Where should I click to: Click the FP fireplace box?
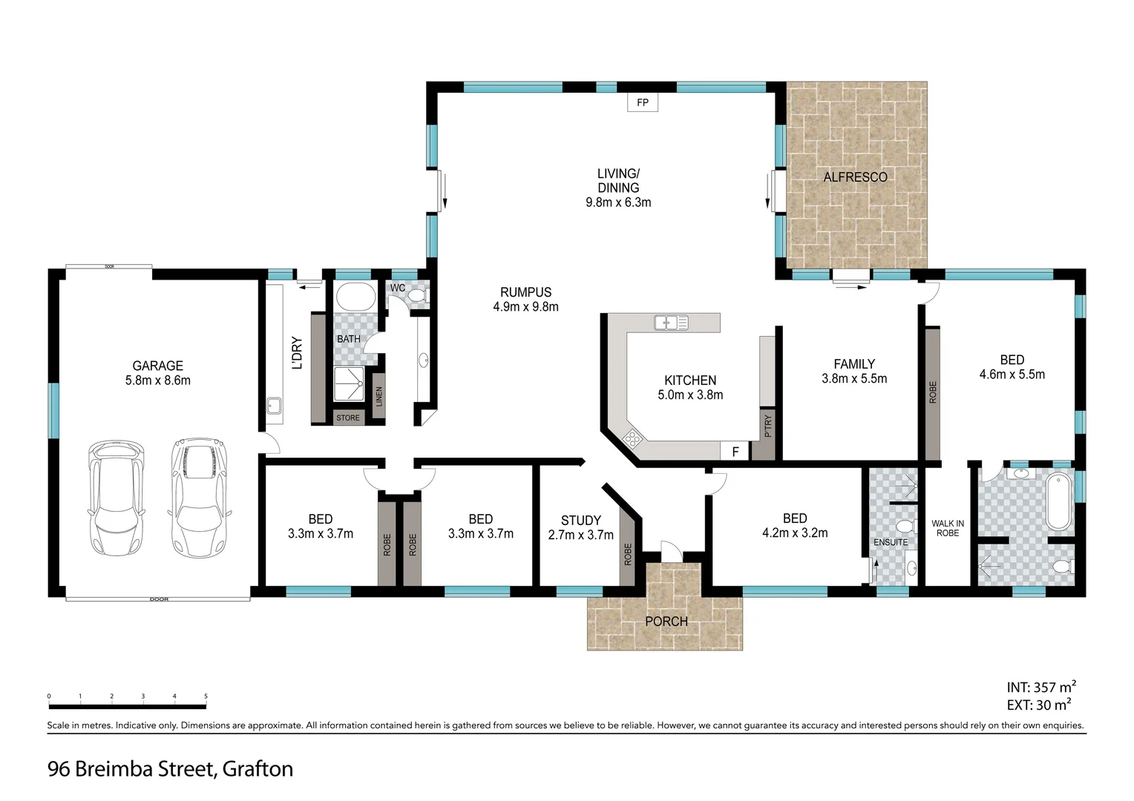click(x=643, y=102)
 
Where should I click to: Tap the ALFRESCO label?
click(x=855, y=177)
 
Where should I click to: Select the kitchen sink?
click(x=671, y=323)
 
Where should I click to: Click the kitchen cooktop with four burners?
click(x=632, y=438)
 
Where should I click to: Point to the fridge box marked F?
click(x=735, y=451)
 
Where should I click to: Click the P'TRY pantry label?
click(x=768, y=426)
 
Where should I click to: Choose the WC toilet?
click(x=418, y=296)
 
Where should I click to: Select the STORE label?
click(x=348, y=418)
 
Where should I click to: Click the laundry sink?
click(x=275, y=406)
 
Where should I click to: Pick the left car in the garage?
click(x=116, y=498)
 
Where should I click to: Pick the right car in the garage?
click(x=198, y=498)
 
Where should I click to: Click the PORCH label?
click(x=666, y=622)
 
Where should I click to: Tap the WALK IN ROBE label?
click(x=948, y=528)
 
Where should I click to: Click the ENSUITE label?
click(x=891, y=542)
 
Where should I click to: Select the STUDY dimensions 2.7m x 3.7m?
click(x=580, y=535)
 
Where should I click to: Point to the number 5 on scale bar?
click(x=206, y=696)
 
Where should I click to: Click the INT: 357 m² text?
click(x=1041, y=687)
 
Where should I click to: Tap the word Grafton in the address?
click(x=258, y=769)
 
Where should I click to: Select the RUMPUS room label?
click(x=525, y=292)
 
